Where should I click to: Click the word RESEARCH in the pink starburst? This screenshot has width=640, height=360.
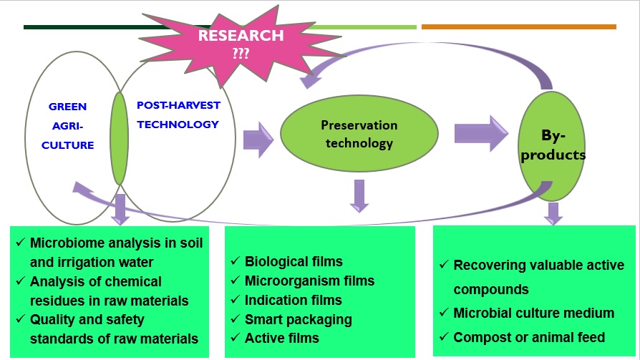point(241,36)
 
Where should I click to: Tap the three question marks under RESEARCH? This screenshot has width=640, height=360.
point(241,52)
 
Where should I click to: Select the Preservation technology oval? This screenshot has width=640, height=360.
point(359,134)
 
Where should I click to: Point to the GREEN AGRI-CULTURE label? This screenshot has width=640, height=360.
point(71,126)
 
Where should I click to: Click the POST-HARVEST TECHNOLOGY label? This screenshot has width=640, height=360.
point(178,115)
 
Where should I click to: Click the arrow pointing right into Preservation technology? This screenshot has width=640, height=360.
point(258,139)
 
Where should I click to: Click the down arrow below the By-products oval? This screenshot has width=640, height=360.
point(553,213)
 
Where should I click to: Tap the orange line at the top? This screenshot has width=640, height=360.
point(518,27)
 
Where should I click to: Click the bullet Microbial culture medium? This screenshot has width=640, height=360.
point(533,313)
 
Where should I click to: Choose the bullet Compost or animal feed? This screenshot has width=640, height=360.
point(529,337)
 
